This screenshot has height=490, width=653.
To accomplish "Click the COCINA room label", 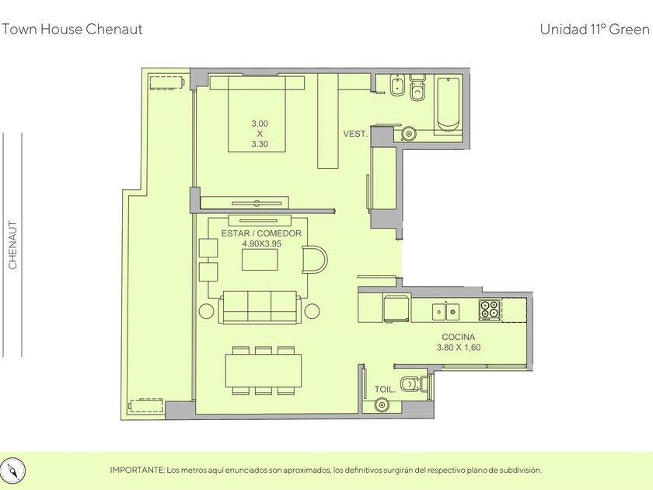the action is [x=458, y=337].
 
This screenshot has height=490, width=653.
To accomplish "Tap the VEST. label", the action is [x=355, y=134].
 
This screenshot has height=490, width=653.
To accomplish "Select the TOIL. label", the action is [x=385, y=390].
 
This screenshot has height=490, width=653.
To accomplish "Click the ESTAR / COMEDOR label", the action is [x=261, y=233].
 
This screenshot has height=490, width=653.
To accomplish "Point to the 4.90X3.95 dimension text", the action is [x=261, y=243].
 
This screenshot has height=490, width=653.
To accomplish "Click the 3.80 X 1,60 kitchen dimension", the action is [x=459, y=348].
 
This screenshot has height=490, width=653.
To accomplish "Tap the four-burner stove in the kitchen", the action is [x=489, y=310].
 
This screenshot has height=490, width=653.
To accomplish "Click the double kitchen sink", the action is [x=445, y=311].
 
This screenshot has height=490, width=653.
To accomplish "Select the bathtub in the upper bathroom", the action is [x=448, y=103].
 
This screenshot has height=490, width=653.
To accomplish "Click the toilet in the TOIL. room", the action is [x=414, y=383].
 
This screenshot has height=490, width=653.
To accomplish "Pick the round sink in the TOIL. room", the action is [x=382, y=404].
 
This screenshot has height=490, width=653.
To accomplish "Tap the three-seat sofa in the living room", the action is [x=260, y=308].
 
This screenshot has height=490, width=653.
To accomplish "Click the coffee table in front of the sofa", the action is [x=260, y=260].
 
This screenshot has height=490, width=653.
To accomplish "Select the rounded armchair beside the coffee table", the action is [x=315, y=260].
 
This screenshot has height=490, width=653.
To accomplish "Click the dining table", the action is [x=264, y=370].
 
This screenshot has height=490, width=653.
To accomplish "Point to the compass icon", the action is [x=14, y=471].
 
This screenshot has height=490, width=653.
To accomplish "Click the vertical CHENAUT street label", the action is [x=13, y=245].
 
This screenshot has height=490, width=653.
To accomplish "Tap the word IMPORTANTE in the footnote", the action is [x=137, y=471].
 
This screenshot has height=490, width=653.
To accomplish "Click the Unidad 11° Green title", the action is [x=595, y=30].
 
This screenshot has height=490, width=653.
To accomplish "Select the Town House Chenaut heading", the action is [x=72, y=30].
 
